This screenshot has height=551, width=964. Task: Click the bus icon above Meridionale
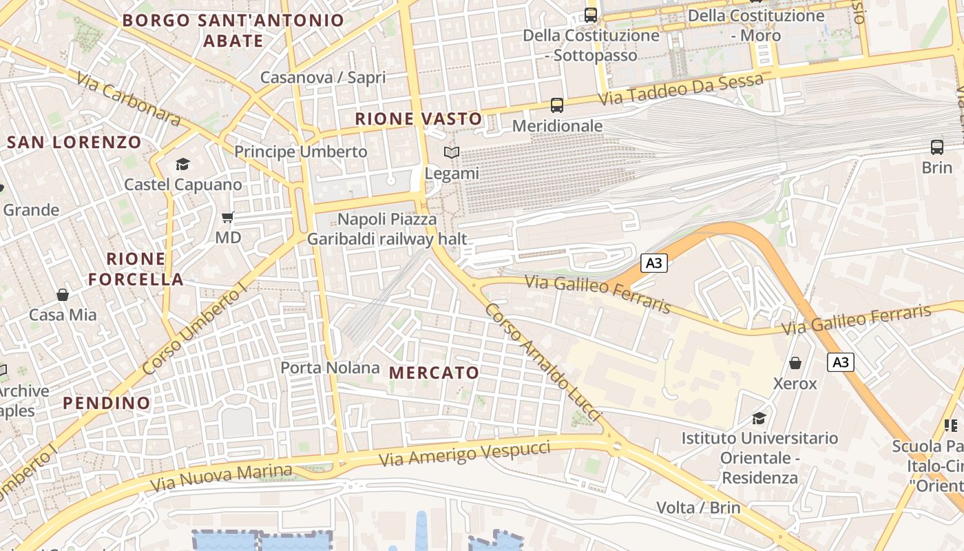[x=557, y=105]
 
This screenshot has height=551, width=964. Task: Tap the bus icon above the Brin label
[x=937, y=147]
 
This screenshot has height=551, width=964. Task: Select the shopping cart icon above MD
[x=228, y=218]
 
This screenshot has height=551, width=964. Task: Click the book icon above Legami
[x=452, y=153]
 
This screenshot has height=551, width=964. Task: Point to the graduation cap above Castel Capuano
[x=182, y=164]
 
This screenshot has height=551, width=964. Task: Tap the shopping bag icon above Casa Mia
[x=63, y=295]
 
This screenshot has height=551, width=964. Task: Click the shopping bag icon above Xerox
[x=795, y=363]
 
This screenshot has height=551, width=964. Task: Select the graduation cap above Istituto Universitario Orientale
[x=759, y=418]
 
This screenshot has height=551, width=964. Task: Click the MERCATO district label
[x=434, y=373]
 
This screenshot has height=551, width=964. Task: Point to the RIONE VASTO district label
[x=419, y=118]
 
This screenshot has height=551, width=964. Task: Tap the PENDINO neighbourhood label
[x=107, y=403]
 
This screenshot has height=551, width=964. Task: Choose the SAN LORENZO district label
[x=74, y=143]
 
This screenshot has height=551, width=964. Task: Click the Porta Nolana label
[x=330, y=368]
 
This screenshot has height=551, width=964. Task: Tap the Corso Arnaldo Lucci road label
[x=543, y=363]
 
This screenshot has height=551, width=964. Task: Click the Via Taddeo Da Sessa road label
[x=680, y=90]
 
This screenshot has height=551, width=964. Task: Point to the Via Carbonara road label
[x=129, y=101]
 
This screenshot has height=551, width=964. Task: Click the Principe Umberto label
[x=301, y=152]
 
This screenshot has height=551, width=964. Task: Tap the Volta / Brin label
[x=698, y=508]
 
